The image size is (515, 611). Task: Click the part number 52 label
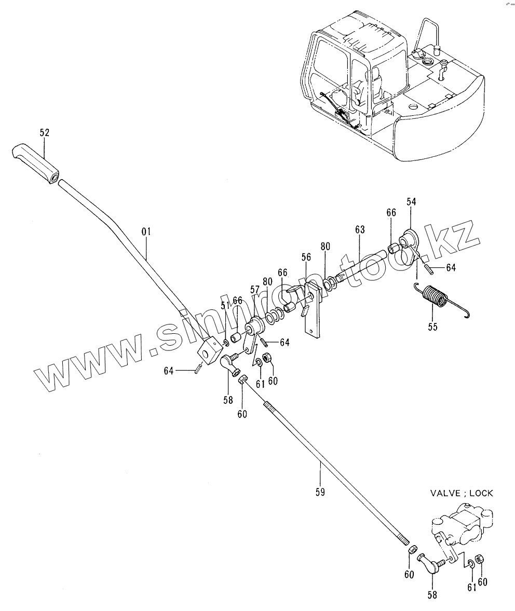pos(44,133)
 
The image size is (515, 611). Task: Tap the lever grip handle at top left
pos(34,164)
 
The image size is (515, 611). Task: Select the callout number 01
pos(145,231)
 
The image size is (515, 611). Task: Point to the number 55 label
pos(432,327)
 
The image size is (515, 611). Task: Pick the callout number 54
pos(412,201)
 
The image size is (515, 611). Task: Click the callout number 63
pos(360,229)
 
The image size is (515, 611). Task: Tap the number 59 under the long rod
pos(320,491)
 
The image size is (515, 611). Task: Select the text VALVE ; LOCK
pos(461,493)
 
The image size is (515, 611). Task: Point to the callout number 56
pos(306,257)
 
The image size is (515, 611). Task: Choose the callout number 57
pos(254,290)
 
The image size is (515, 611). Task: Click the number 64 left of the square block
pos(168,371)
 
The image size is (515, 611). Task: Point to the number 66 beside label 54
pos(391,213)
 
